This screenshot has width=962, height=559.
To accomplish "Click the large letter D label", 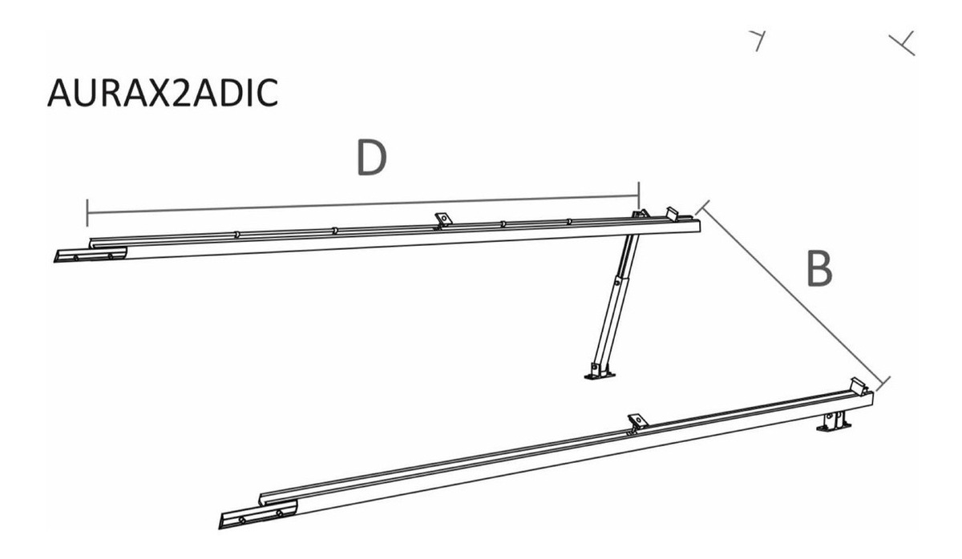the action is [371, 158].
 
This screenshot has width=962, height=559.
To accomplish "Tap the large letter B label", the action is [819, 269].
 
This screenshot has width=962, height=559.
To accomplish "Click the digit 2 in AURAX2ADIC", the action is [180, 92].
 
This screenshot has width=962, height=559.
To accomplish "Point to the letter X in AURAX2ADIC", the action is [157, 92].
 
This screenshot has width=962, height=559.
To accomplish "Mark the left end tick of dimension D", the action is [87, 212].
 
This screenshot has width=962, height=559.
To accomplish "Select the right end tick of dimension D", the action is [639, 195].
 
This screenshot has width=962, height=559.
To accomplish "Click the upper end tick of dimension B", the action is [702, 207].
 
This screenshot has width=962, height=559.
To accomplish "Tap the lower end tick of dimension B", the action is [883, 384].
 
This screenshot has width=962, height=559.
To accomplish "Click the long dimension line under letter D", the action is [363, 204].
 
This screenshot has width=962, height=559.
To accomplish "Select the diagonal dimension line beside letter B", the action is [793, 296].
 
